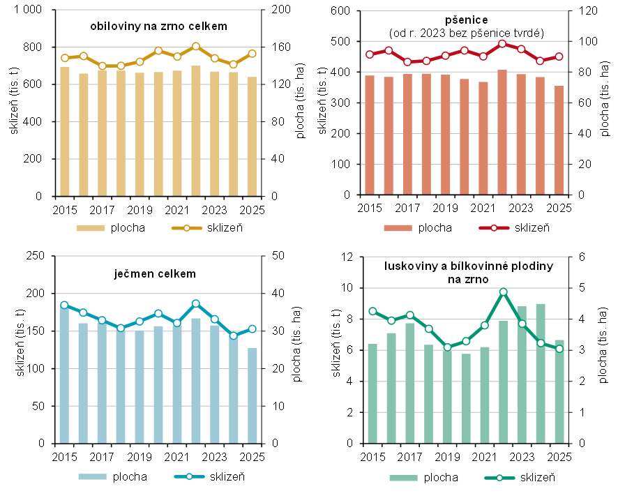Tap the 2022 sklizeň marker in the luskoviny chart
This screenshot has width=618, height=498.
[x=503, y=292]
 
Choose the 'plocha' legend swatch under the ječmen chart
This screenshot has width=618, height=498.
[x=93, y=477]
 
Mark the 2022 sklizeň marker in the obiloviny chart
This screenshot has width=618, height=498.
[x=196, y=47]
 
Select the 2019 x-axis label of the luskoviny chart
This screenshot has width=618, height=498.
[x=444, y=457]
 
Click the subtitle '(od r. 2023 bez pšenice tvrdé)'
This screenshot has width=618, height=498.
[x=466, y=33]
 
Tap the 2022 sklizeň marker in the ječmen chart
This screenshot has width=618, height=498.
[x=196, y=303]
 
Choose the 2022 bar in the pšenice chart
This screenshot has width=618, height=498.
[x=502, y=133]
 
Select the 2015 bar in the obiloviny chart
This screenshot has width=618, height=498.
[x=65, y=132]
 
